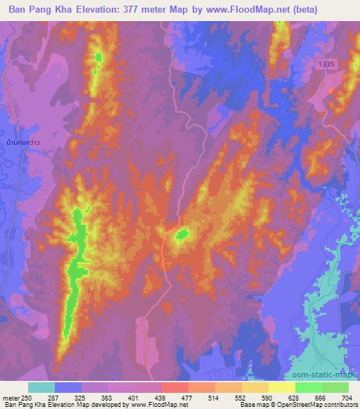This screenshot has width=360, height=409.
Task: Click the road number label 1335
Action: pos(327,64)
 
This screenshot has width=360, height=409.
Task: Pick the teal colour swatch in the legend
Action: pos(41,387)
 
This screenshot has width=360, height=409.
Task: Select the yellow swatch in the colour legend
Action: pos(282,387)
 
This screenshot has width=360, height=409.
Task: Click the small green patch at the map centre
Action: pos(183,233)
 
